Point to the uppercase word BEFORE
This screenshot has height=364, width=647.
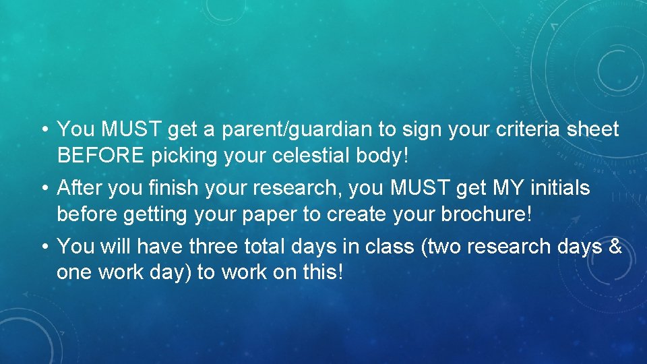click(x=101, y=156)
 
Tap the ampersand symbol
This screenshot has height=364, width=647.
click(x=614, y=247)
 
